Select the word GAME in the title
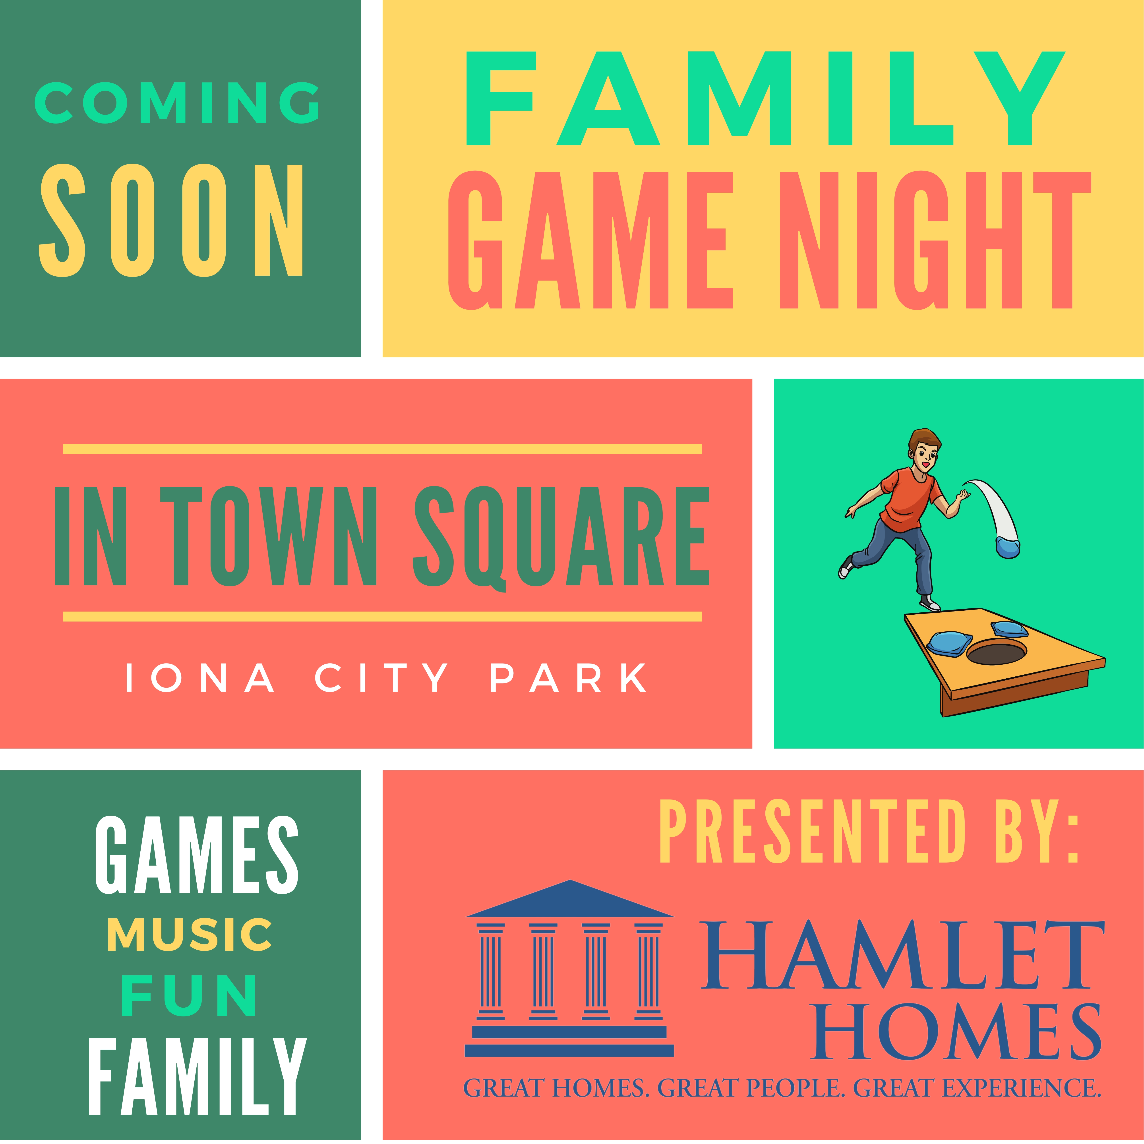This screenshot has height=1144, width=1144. tap(590, 240)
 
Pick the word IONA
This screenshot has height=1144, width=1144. tap(200, 678)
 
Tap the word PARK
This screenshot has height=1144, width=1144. tap(568, 678)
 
